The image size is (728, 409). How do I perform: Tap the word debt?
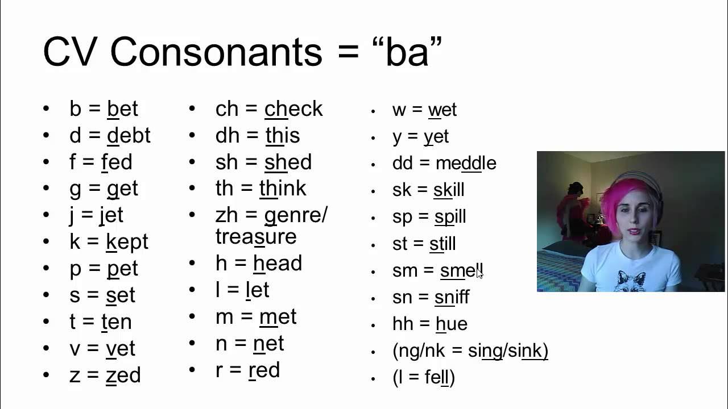click(x=129, y=136)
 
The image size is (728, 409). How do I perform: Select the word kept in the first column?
click(x=127, y=242)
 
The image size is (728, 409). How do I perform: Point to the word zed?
click(x=123, y=375)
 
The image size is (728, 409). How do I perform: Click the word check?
click(x=293, y=109)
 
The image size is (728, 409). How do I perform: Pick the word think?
click(x=283, y=189)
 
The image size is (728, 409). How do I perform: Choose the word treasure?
click(x=256, y=237)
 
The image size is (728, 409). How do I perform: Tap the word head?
click(x=278, y=264)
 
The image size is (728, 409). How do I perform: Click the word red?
click(x=264, y=370)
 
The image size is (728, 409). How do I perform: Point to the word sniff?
click(x=452, y=297)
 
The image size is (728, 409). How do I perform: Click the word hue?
click(x=451, y=324)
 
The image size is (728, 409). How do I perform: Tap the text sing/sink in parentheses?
click(x=505, y=351)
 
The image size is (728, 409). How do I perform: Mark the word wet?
click(x=442, y=110)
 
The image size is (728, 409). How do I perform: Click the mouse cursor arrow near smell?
click(x=479, y=274)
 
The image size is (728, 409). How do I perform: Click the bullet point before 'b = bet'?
click(x=46, y=109)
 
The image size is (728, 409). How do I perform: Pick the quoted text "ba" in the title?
click(x=406, y=52)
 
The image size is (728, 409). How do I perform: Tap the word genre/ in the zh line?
click(x=296, y=216)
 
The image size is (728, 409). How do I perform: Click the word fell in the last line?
click(x=437, y=378)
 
